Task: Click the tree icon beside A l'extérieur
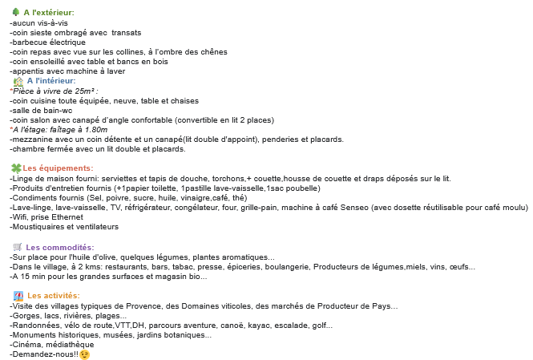(15, 13)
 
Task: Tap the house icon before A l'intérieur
(18, 81)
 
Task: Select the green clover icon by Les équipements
(15, 168)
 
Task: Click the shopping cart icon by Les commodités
(17, 247)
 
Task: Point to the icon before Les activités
(18, 296)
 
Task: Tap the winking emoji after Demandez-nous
(84, 355)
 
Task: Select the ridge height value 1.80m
(93, 129)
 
